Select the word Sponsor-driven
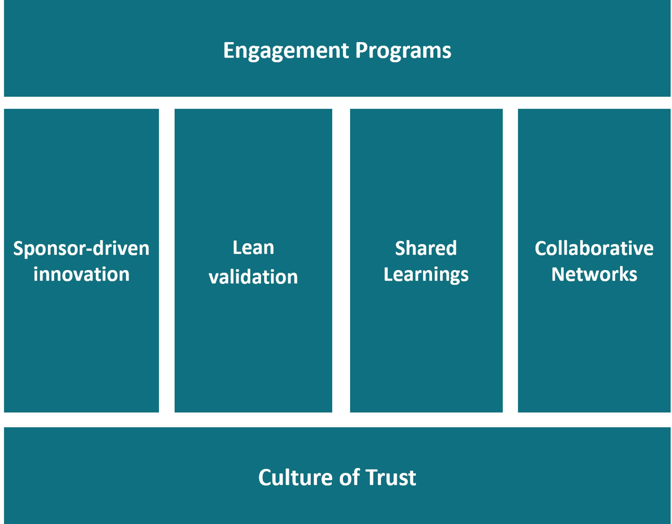click(x=81, y=249)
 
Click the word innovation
click(x=81, y=274)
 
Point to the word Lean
click(x=253, y=248)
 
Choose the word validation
click(x=253, y=277)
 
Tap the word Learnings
click(x=426, y=275)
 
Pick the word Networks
click(x=594, y=274)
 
